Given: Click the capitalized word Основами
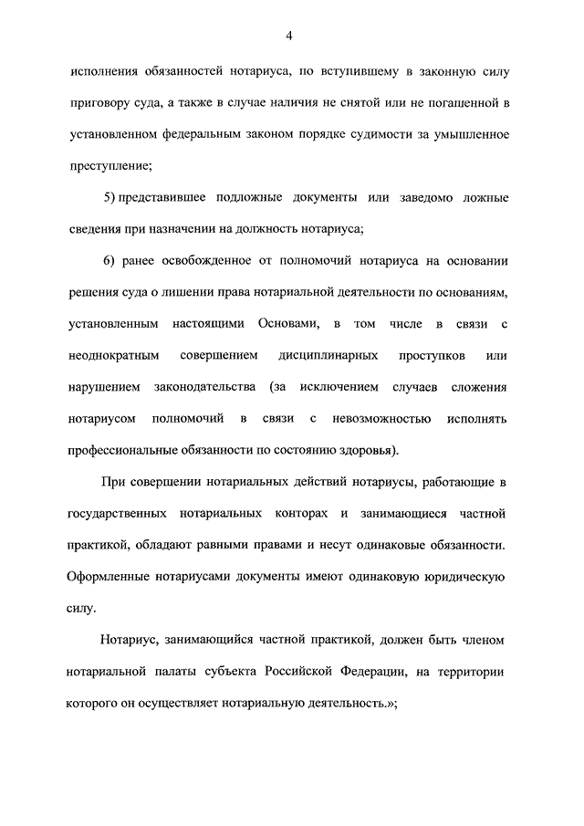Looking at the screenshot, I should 287,324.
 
